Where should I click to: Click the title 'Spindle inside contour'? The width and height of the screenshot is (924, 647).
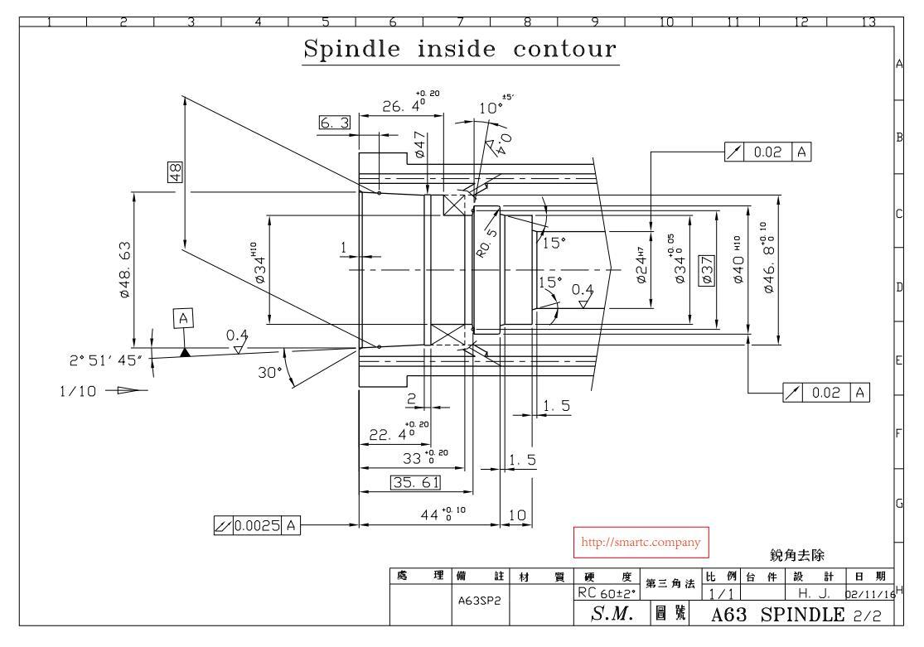coord(461,49)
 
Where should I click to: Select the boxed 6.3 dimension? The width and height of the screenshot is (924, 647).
coord(335,123)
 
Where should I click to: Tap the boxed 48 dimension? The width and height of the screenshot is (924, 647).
coord(176,171)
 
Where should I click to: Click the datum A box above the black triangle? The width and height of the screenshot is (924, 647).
coord(184,317)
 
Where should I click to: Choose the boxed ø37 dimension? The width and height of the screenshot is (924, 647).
coord(707,270)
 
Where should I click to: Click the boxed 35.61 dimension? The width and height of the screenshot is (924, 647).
coord(415,482)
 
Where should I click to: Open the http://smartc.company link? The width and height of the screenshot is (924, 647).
coord(641,543)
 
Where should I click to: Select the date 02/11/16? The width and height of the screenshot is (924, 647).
coord(868,593)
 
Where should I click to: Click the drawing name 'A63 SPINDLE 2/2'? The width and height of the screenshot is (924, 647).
coord(795,615)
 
